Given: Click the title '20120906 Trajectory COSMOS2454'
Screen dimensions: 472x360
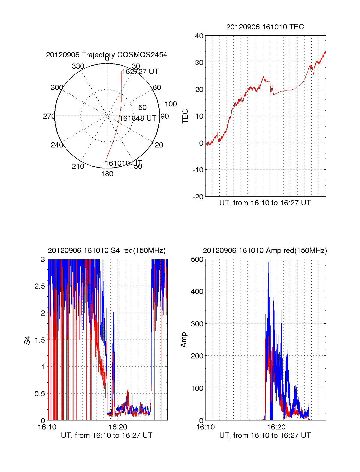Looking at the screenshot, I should click(x=106, y=55).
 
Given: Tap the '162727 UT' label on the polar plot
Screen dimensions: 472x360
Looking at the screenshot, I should click(x=140, y=72).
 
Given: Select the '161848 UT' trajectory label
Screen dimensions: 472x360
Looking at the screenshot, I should click(x=138, y=118).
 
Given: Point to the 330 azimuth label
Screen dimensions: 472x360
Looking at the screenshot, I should click(x=78, y=66).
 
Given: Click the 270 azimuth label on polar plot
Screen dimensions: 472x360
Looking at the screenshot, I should click(x=49, y=116).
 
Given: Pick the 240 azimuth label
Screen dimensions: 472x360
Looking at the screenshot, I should click(x=57, y=145).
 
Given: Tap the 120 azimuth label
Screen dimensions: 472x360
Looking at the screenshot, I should click(x=157, y=145).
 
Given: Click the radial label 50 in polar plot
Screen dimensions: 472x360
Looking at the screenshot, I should click(x=142, y=108).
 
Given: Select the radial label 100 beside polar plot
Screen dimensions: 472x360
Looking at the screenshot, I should click(x=171, y=104).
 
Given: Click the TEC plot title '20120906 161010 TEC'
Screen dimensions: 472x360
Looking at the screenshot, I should click(x=265, y=27).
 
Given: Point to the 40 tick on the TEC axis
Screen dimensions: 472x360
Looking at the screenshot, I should click(x=199, y=36).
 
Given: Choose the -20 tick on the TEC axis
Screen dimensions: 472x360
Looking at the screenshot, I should click(x=198, y=197).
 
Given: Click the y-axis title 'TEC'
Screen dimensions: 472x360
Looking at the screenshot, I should click(x=185, y=116).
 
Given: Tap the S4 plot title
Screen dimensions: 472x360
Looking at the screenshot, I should click(x=106, y=251).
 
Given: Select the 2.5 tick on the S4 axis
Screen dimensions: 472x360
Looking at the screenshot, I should click(x=40, y=286).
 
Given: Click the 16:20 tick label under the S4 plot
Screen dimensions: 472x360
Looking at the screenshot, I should click(x=118, y=427).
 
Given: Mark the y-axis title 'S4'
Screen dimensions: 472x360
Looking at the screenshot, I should click(x=27, y=340).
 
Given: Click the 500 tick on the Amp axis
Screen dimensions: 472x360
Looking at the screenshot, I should click(x=197, y=260).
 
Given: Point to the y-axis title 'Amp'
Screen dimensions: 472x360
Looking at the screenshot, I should click(x=184, y=340).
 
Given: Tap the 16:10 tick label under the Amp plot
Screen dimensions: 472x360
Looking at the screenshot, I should click(x=205, y=427).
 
